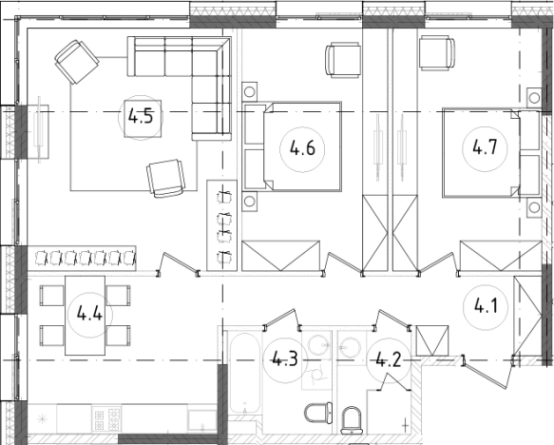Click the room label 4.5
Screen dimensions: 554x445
coord(141,116)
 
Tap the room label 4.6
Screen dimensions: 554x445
coord(302,148)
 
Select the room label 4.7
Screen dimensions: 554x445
coord(485,147)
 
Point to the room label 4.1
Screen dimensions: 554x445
coord(486,306)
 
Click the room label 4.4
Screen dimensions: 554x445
coord(89,314)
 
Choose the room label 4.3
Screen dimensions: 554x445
coord(285,359)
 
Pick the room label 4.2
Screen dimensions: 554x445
coord(389,359)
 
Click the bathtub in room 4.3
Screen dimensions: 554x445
coord(244,373)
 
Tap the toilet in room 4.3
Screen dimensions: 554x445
coord(318,413)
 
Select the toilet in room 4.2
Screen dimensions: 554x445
coord(352,420)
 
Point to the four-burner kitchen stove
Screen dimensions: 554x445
coord(106,418)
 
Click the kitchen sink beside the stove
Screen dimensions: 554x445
coord(202,420)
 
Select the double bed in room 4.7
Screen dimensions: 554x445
coord(491,153)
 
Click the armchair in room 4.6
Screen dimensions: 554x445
coord(343,60)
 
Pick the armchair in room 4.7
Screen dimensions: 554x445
coord(437,52)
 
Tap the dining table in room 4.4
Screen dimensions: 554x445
coord(86,316)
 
